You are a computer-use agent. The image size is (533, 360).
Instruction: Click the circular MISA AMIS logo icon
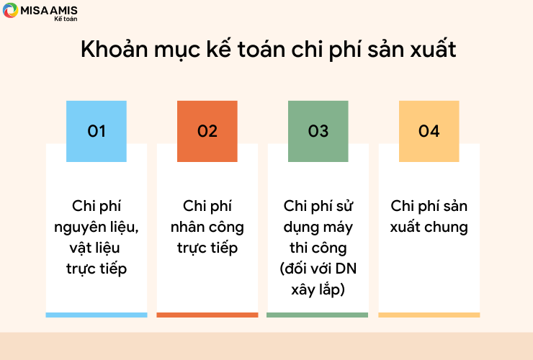pos(10,10)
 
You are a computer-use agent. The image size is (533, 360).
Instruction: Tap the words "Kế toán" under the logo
pos(66,19)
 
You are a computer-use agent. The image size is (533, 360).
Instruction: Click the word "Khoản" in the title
pos(115,49)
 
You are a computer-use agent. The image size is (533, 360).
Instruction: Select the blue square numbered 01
pos(97,131)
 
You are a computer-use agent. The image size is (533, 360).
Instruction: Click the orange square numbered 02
pos(207,131)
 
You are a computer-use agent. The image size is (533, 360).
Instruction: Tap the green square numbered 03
pos(318,131)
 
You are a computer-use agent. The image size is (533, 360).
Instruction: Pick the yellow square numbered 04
pos(429,131)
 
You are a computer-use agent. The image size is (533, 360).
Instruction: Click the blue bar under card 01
pos(97,315)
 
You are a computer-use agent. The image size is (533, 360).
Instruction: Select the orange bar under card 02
pos(207,315)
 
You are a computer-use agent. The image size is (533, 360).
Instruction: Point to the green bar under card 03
pos(317,315)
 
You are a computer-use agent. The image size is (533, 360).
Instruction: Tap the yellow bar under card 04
pos(429,315)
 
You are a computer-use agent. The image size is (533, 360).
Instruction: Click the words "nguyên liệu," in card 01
pos(97,228)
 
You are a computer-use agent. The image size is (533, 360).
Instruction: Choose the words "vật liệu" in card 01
pos(94,248)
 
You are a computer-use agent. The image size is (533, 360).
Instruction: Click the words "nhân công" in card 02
pos(207,228)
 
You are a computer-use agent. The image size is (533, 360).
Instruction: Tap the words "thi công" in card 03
pos(318,248)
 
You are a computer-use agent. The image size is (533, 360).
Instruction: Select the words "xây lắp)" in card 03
pos(318,289)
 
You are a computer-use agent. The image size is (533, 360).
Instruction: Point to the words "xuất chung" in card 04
pos(429,227)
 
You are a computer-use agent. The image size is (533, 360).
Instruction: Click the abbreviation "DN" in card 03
pos(346,269)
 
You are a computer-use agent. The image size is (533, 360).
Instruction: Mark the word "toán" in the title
pos(261,49)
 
